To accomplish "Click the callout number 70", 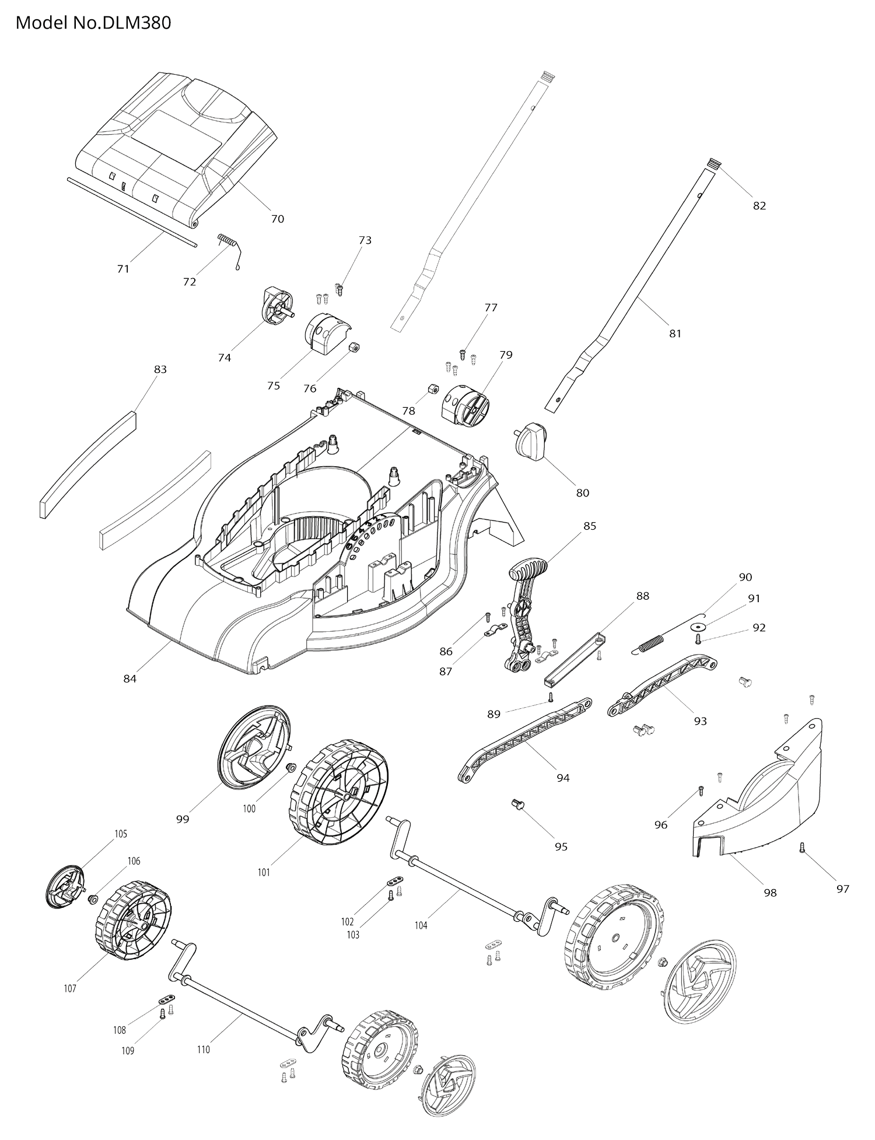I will pos(278,219).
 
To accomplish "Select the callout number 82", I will pos(759,205).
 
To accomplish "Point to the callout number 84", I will pos(129,679).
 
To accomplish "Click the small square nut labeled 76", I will pos(352,348).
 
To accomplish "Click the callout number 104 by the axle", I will pos(421,925).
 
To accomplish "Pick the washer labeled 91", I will pos(696,627).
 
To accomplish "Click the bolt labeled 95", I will pos(516,805).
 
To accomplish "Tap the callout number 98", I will pos(770,893).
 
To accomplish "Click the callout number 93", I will pos(700,721).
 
